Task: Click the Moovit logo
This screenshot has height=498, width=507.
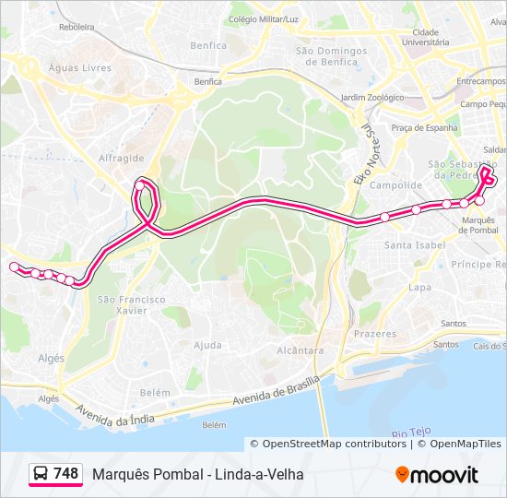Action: pos(437,475)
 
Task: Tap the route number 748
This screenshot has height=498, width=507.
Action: pos(65,474)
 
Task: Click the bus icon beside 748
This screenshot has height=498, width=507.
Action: pos(41,474)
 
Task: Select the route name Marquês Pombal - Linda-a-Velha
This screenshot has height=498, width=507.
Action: pos(197,475)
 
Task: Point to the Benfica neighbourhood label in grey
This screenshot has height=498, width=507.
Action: pos(207,45)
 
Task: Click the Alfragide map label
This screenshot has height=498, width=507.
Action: pos(122,158)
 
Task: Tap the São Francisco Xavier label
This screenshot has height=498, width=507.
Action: pos(132,305)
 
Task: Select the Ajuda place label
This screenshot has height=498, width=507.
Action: pos(207,346)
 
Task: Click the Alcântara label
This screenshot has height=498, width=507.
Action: pos(301,351)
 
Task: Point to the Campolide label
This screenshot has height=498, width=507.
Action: pos(395,185)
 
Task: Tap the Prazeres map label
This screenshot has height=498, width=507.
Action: pos(375,333)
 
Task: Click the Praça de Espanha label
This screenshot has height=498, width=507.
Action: pos(424,128)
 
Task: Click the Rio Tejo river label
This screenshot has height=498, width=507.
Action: pos(411,432)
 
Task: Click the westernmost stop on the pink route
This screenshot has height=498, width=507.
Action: pos(14,267)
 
